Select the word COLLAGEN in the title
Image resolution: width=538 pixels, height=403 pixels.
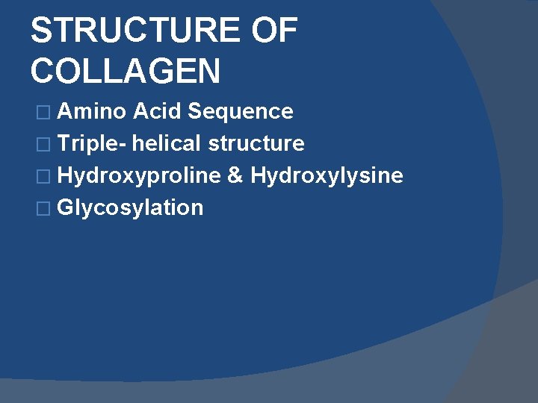click(126, 72)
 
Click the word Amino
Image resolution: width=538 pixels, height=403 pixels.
click(92, 112)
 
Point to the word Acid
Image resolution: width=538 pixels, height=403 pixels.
click(158, 112)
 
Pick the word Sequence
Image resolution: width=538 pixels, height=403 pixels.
click(241, 112)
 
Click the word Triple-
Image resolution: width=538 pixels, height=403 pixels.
click(93, 143)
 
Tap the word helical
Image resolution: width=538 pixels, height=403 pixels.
click(168, 143)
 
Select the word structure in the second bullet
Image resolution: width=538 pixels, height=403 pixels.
click(256, 143)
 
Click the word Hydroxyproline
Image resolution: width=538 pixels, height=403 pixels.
click(139, 176)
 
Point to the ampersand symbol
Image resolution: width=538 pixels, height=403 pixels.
click(235, 176)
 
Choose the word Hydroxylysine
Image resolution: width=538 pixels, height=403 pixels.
click(327, 176)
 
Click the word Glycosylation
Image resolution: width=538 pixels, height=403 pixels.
click(130, 207)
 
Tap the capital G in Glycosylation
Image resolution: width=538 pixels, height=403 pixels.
click(65, 207)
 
